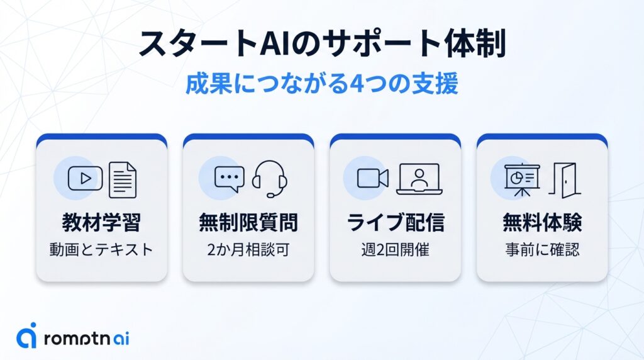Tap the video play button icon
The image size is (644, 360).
85,179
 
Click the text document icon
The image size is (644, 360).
123,179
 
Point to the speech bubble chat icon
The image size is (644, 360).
230,179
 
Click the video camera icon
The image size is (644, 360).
373,179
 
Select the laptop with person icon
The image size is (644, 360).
419,179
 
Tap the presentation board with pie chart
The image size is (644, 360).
522,179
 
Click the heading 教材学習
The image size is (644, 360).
101,222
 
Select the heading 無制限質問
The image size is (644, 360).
248,222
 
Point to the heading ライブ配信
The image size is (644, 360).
395,222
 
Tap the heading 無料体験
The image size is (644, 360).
541,222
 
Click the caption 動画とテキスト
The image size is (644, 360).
101,249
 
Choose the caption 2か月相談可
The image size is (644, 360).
248,249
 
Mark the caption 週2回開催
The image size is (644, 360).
395,249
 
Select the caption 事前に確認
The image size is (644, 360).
541,249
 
